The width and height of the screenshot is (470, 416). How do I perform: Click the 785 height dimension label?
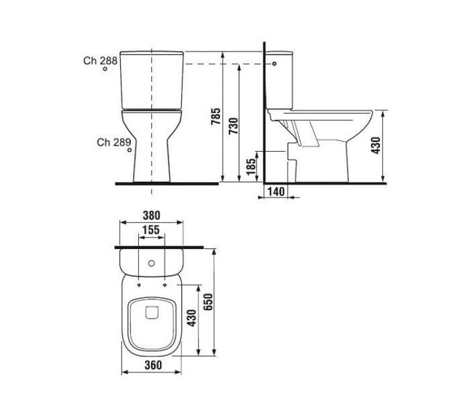[216, 116]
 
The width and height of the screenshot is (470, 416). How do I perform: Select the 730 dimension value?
[233, 126]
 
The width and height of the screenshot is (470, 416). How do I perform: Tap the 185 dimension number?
[251, 166]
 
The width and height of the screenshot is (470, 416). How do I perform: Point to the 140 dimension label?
[276, 191]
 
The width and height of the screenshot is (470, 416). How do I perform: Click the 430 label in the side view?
[375, 145]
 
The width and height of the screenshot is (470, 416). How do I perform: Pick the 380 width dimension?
[151, 215]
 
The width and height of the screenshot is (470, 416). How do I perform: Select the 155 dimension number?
[151, 230]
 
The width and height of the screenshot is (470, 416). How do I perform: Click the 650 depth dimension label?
[207, 302]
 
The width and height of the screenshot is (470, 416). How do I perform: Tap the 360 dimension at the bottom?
[153, 365]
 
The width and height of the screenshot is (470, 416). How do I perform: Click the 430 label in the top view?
[191, 318]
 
